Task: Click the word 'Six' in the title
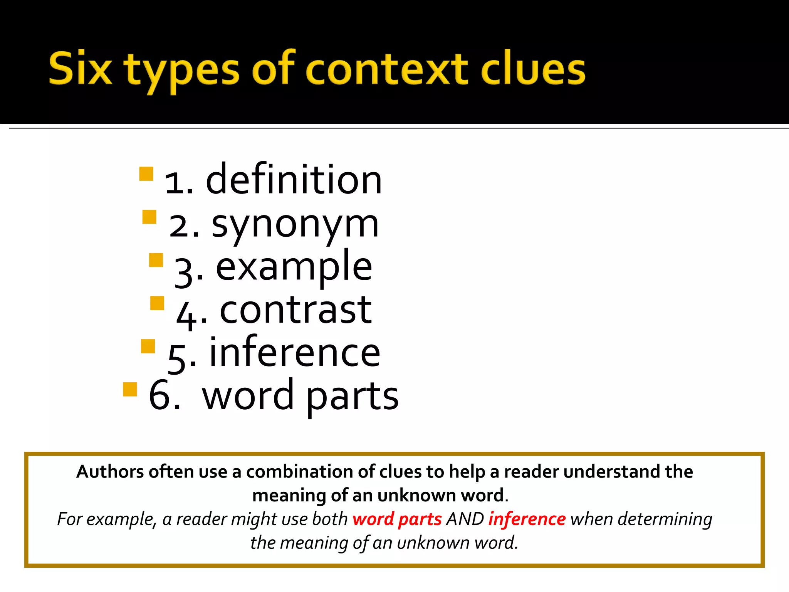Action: coord(81,69)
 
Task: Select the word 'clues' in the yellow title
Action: coord(533,69)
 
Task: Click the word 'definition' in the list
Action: coord(294,180)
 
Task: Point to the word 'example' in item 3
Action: coord(294,267)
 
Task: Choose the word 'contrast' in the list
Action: coord(295,310)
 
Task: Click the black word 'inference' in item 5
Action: coord(295,352)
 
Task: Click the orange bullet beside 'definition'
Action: coord(146,174)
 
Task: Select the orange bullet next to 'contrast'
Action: coord(157,303)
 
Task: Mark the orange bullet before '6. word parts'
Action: coord(130,389)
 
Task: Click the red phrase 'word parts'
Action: coord(397,519)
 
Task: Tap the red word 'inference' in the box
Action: coord(527,519)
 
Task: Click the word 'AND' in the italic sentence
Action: coord(465,519)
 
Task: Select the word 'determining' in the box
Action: coord(665,519)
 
